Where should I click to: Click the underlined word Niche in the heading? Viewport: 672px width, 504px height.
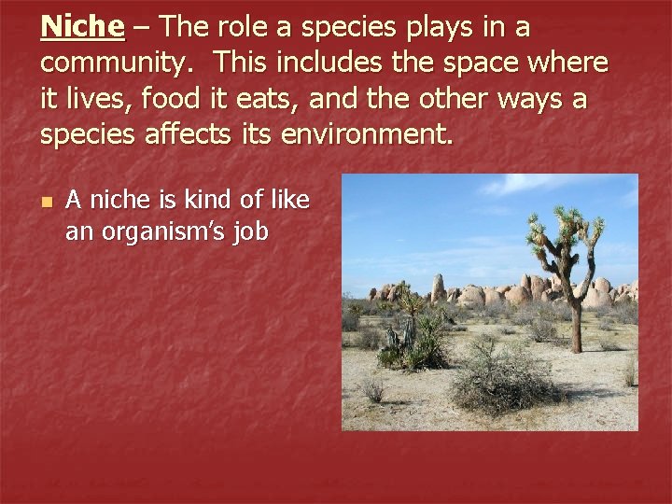[x=82, y=27]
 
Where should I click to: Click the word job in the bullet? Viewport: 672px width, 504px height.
[x=250, y=231]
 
